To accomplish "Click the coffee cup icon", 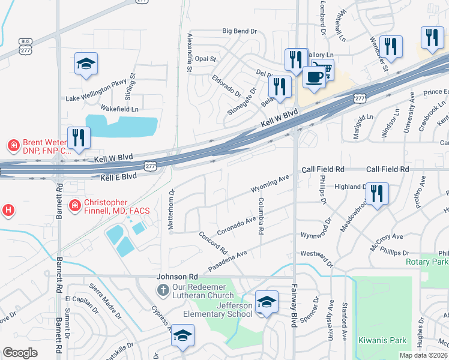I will coord(314,77).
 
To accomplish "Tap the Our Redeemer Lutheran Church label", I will coord(203,291).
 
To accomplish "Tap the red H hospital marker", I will coord(8,210).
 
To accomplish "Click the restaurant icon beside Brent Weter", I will coord(79,137).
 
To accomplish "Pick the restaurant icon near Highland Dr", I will coord(376,193).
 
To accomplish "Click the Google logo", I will coord(20,353).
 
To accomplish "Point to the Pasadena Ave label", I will coord(228,260).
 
